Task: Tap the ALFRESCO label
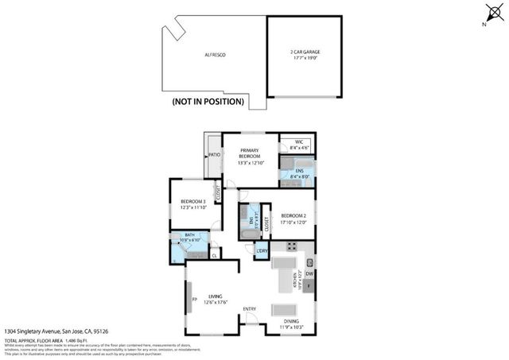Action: tap(216, 54)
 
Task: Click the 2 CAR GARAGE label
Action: tap(305, 54)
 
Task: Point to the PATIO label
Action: tap(214, 155)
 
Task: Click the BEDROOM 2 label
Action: tap(293, 218)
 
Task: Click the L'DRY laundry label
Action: tap(262, 252)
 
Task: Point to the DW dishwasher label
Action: tap(309, 275)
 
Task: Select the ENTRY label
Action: tap(250, 310)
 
